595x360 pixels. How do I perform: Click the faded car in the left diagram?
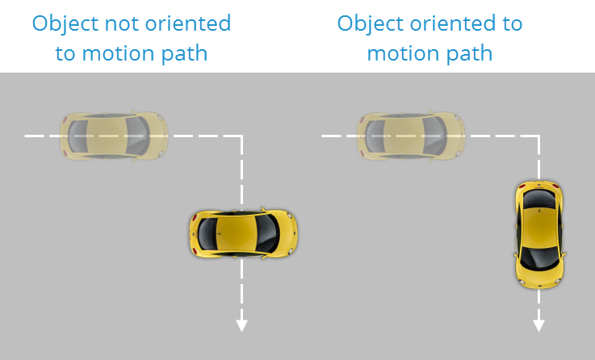point(114,135)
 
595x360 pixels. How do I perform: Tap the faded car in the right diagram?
point(412,135)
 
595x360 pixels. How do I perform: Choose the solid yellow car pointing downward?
point(539,233)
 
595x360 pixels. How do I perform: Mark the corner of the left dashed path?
point(241,136)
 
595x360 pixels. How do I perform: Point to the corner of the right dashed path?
point(538,136)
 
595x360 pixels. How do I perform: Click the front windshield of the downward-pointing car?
point(538,257)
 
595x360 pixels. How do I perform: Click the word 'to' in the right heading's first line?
point(513,23)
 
